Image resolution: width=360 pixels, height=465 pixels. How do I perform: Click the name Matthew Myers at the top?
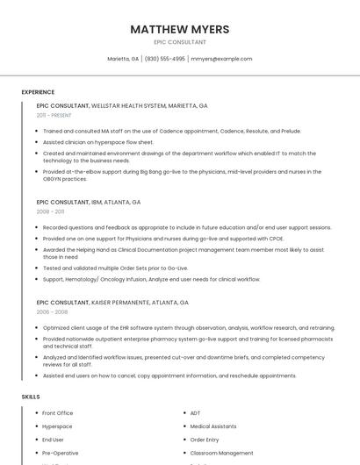(179, 29)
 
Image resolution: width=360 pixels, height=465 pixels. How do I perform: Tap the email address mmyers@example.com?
(221, 59)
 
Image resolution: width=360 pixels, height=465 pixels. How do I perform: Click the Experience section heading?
(38, 91)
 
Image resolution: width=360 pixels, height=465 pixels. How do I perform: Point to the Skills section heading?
(31, 397)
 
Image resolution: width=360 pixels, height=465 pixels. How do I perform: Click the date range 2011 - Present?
(54, 115)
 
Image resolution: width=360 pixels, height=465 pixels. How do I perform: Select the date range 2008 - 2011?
(50, 211)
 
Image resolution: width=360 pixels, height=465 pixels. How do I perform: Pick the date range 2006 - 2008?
(52, 311)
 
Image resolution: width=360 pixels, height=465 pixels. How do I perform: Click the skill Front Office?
(57, 412)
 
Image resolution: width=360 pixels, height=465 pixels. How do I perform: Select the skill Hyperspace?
(57, 426)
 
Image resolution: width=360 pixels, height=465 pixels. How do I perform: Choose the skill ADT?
(196, 412)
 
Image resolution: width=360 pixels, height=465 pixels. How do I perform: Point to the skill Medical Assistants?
(213, 426)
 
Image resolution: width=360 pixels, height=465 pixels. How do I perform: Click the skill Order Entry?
(205, 440)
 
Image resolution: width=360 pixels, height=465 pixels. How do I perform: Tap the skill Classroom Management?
(221, 453)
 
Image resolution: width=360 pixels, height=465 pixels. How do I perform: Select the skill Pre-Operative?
(60, 453)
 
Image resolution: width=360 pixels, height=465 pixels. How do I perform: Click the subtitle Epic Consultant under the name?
(179, 42)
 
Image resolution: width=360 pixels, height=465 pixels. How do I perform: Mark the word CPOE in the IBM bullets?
(276, 239)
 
